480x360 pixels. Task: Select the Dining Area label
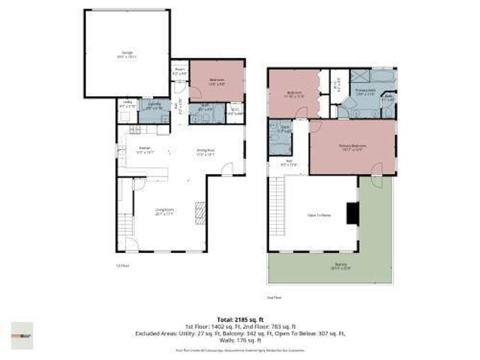[x=205, y=151]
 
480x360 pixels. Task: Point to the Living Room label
[x=165, y=211]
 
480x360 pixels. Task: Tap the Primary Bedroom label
[x=352, y=147]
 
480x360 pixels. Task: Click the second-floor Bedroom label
[x=293, y=95]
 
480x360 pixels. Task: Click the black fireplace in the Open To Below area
[x=351, y=214]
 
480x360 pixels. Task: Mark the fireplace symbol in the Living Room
[x=199, y=211]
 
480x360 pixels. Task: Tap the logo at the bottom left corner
[x=22, y=334]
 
